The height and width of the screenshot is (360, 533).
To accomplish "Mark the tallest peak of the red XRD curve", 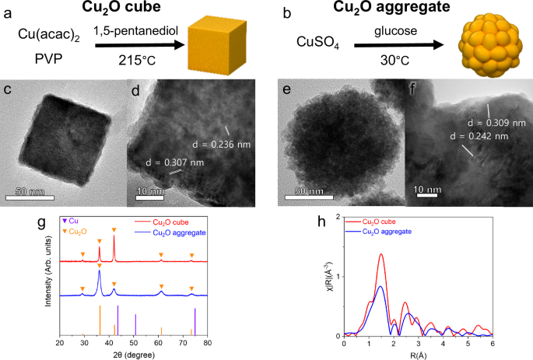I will [114, 236].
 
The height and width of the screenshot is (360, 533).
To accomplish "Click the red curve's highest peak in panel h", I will [381, 254].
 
